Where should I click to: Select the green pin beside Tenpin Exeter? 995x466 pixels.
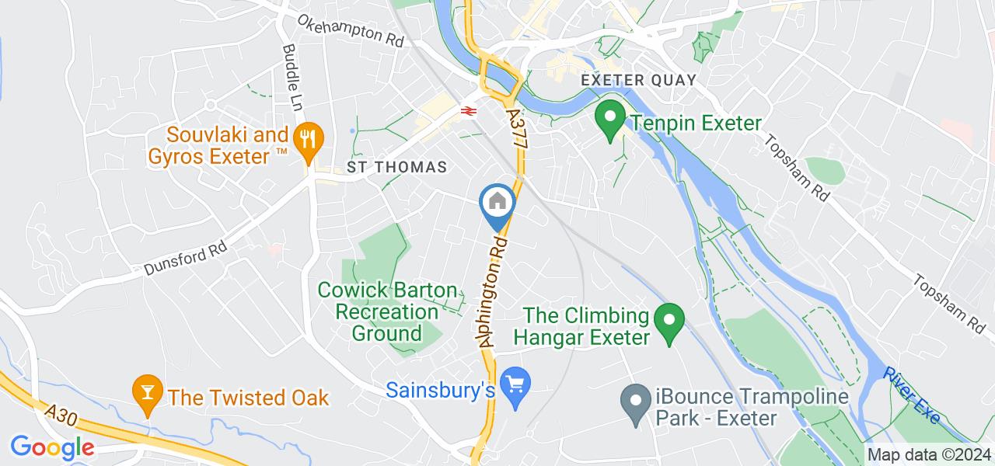click(610, 118)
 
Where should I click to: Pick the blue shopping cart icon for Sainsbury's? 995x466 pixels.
click(514, 384)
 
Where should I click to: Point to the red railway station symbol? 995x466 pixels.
click(468, 111)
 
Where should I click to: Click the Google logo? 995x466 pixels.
click(52, 447)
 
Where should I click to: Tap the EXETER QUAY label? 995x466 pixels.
click(638, 81)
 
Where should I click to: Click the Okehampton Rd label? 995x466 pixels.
click(351, 30)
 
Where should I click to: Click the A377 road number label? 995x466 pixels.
click(517, 124)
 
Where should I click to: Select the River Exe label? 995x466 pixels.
click(910, 394)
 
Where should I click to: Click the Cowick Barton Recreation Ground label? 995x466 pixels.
click(388, 311)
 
